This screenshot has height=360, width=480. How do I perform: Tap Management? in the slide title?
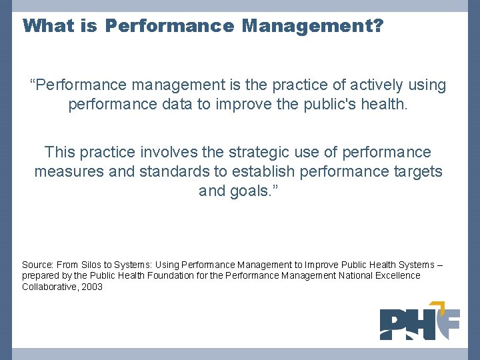312,26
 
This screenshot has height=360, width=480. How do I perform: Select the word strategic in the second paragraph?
242,153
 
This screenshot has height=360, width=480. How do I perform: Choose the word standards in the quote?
168,172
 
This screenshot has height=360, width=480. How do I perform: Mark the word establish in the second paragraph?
260,172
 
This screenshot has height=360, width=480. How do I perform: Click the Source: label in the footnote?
37,265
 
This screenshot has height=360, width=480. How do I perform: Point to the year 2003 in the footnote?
92,287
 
